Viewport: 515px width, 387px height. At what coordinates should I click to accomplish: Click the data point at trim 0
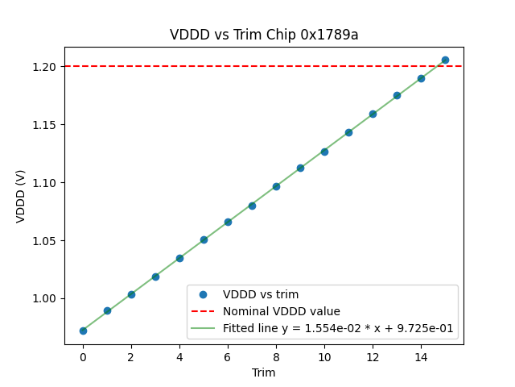tap(83, 331)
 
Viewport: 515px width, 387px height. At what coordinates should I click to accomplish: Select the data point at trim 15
tap(445, 60)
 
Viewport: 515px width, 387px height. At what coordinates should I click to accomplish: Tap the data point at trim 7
tap(252, 206)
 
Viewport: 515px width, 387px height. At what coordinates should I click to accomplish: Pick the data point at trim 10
tap(324, 152)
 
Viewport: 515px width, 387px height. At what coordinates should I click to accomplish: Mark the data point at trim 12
tap(373, 114)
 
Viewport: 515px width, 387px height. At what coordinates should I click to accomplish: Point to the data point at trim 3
tap(155, 277)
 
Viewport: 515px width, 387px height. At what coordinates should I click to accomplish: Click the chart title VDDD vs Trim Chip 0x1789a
tap(264, 35)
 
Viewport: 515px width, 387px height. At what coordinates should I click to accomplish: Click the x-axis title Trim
tap(264, 372)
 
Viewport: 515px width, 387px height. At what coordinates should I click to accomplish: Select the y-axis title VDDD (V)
tap(21, 196)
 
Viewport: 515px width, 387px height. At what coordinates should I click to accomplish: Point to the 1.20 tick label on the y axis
tap(45, 66)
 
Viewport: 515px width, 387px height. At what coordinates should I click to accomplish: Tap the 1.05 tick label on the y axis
tap(45, 240)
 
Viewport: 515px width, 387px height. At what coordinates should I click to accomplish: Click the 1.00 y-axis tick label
tap(45, 298)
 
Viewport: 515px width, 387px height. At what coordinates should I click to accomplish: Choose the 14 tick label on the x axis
tap(421, 356)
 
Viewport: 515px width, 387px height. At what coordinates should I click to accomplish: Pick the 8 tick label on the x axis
tap(276, 356)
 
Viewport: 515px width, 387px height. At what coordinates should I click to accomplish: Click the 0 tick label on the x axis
tap(83, 356)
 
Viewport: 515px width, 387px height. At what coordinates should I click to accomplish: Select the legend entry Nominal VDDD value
tap(282, 311)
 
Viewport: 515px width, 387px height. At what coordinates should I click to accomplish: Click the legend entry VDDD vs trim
tap(261, 294)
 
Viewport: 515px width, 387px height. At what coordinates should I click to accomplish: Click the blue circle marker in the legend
tap(204, 294)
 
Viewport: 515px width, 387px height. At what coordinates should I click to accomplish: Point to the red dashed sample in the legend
tap(204, 311)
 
